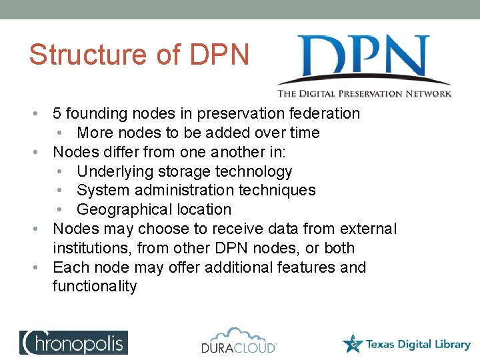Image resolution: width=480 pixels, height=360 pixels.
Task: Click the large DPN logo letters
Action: pyautogui.click(x=363, y=59)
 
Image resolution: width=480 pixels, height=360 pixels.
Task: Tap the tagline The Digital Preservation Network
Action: pyautogui.click(x=364, y=94)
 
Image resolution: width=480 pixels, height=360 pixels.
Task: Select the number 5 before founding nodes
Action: pyautogui.click(x=58, y=114)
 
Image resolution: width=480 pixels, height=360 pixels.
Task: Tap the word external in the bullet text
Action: pyautogui.click(x=368, y=229)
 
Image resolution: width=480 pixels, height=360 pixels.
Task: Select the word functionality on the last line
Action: pyautogui.click(x=95, y=287)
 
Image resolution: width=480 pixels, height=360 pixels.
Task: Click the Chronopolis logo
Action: pyautogui.click(x=73, y=342)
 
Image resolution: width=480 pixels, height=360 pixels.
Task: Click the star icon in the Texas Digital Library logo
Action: pyautogui.click(x=353, y=343)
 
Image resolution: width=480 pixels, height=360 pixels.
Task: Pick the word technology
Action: pyautogui.click(x=254, y=171)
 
